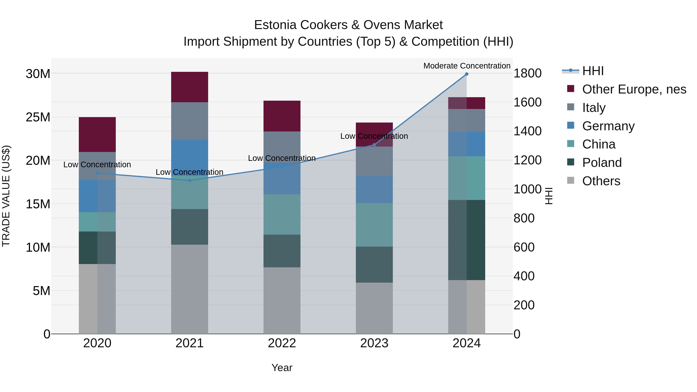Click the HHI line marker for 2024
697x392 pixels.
click(x=466, y=74)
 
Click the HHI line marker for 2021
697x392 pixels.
click(x=189, y=180)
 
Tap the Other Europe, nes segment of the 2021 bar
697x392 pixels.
click(x=189, y=87)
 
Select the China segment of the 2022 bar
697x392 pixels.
click(x=282, y=214)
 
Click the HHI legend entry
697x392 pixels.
click(x=593, y=71)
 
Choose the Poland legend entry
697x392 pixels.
click(x=602, y=163)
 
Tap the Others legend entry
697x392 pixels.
click(x=601, y=181)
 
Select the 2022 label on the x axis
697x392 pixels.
click(x=282, y=343)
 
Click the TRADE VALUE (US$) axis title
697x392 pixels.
click(x=6, y=196)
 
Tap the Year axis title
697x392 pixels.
click(x=282, y=368)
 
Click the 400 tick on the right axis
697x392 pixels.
click(x=524, y=276)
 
